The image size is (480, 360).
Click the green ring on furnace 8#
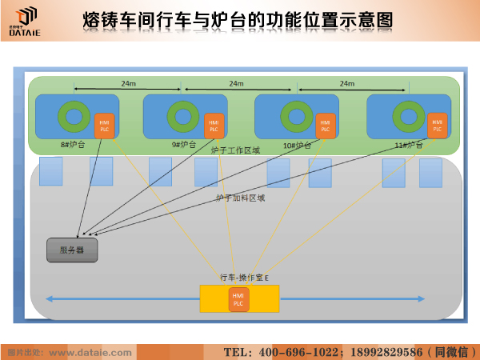point(74,117)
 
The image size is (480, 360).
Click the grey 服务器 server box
point(72,250)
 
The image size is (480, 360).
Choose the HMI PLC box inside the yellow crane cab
point(238,300)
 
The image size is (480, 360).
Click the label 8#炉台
point(73,145)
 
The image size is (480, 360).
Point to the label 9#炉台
point(184,145)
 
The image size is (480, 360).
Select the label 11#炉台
point(409,145)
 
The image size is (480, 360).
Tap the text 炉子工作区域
point(235,150)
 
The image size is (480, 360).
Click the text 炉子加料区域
point(240,197)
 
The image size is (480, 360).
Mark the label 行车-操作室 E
point(244,277)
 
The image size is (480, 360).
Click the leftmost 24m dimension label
point(129,83)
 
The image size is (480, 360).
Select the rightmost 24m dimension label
point(346,83)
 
